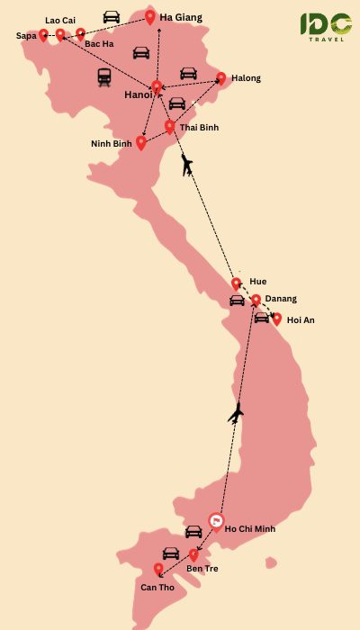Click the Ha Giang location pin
[150, 16]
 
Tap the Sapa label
[26, 36]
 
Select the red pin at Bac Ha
[80, 34]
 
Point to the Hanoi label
[138, 94]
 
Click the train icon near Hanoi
[104, 76]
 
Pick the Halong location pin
[221, 77]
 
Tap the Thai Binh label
[199, 128]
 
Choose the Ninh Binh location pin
[140, 141]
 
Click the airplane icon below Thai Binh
[186, 165]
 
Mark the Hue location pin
[236, 283]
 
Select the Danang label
[281, 299]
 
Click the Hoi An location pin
[276, 319]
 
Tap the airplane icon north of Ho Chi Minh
[236, 414]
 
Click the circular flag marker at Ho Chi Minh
[215, 521]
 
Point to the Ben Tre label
[202, 569]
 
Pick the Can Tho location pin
[158, 569]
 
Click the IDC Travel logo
[326, 27]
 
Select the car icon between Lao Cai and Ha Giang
[111, 17]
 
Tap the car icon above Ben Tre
[171, 553]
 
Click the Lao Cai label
[59, 20]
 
